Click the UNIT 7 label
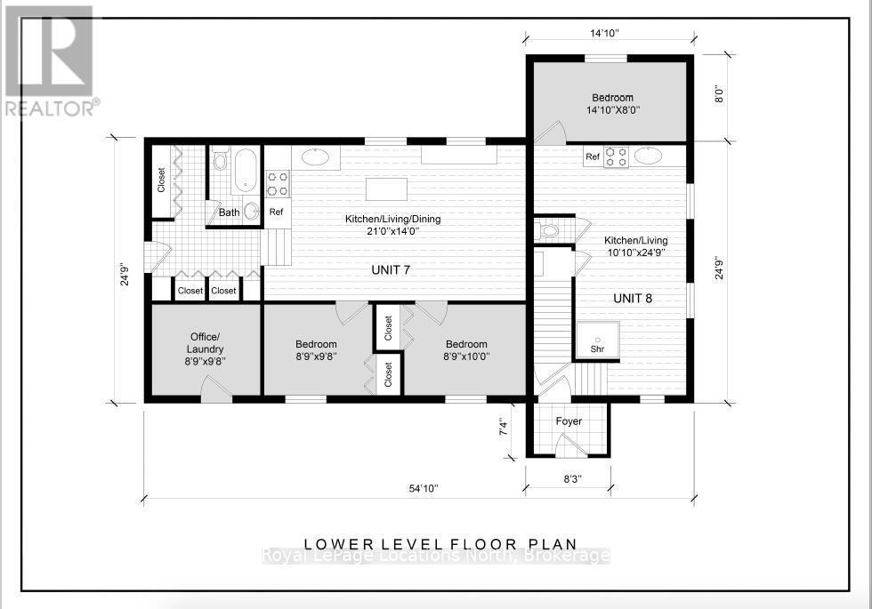[x=391, y=270]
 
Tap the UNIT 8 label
[x=633, y=299]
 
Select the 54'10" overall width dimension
[x=424, y=488]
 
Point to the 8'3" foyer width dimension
[x=572, y=479]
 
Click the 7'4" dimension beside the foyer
[x=504, y=428]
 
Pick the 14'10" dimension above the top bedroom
[x=604, y=34]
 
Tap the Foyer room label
[x=569, y=421]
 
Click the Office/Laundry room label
[x=205, y=343]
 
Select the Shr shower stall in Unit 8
[x=597, y=341]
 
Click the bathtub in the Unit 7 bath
[x=246, y=169]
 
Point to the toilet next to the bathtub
[x=221, y=158]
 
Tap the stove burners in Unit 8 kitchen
[x=616, y=156]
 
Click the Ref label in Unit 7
[x=276, y=212]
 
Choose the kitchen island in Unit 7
[x=386, y=188]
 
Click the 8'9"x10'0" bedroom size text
[x=466, y=357]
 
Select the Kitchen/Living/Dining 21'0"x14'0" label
[x=392, y=225]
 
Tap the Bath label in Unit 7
[x=230, y=212]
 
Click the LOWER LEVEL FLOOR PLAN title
[x=440, y=544]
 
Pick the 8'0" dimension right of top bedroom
[x=719, y=96]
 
